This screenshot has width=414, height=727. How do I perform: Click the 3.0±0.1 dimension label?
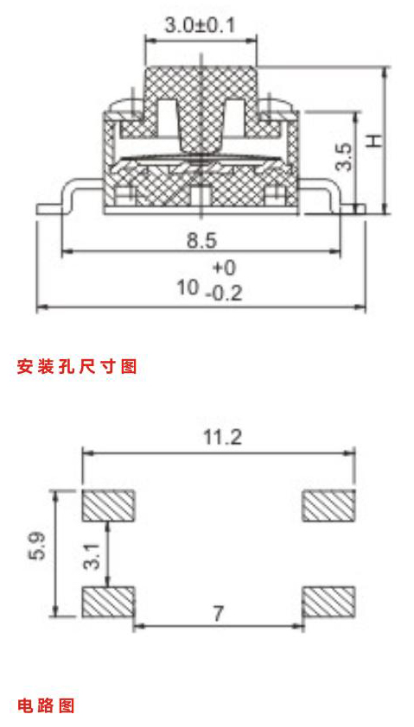[x=200, y=25]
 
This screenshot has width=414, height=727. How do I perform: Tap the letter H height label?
[x=373, y=141]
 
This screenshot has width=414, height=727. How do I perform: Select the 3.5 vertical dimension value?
[x=345, y=157]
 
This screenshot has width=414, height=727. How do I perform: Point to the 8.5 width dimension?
[x=202, y=241]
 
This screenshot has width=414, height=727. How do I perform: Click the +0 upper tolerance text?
[x=225, y=268]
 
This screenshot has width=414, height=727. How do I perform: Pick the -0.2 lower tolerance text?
[x=224, y=294]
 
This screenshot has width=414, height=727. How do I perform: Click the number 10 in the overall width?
[x=187, y=288]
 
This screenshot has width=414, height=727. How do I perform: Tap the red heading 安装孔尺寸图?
[x=77, y=366]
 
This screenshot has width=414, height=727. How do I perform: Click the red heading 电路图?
[x=46, y=706]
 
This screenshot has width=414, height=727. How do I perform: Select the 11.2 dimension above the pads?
[x=223, y=437]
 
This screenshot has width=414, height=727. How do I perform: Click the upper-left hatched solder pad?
[x=109, y=505]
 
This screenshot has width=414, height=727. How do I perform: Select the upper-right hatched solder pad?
[x=329, y=505]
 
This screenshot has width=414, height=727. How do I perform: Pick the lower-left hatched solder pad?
[x=109, y=602]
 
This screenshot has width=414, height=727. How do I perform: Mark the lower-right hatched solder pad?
[x=329, y=602]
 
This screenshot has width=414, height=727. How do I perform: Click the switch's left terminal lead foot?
[x=48, y=210]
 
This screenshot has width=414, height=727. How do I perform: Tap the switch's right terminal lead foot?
[x=353, y=210]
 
